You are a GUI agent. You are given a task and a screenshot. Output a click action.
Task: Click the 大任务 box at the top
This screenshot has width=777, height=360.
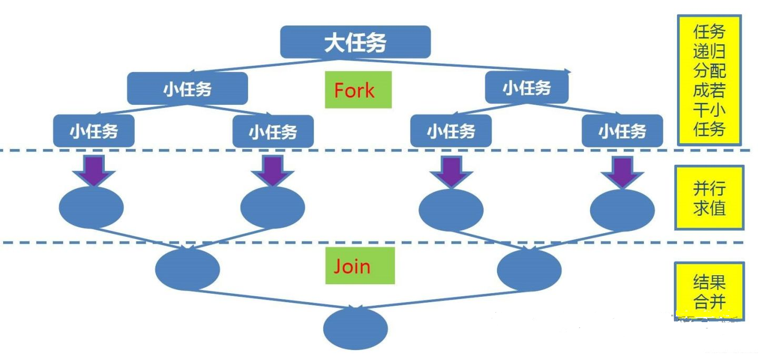pyautogui.click(x=355, y=42)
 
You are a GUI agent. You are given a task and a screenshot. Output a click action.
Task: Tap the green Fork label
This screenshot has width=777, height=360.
pyautogui.click(x=358, y=90)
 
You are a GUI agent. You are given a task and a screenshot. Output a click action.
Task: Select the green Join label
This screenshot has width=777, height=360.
pyautogui.click(x=360, y=266)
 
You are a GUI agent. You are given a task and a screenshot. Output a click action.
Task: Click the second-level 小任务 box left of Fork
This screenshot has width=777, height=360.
pyautogui.click(x=187, y=88)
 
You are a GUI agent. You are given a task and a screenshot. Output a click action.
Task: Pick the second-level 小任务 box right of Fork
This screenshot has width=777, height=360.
pyautogui.click(x=526, y=87)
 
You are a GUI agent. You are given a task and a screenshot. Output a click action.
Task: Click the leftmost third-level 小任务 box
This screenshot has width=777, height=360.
pyautogui.click(x=94, y=131)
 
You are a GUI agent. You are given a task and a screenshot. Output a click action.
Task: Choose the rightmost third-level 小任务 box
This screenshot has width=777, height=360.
pyautogui.click(x=622, y=131)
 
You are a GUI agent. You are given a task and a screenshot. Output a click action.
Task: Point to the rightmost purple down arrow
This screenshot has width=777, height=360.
pyautogui.click(x=622, y=172)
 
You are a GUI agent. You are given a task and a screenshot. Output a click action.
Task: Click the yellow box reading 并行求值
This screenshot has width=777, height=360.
pyautogui.click(x=709, y=198)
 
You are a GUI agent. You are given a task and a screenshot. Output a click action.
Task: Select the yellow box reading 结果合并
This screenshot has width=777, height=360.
pyautogui.click(x=709, y=292)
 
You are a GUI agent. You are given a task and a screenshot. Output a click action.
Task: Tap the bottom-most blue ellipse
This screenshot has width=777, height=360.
pyautogui.click(x=355, y=328)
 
